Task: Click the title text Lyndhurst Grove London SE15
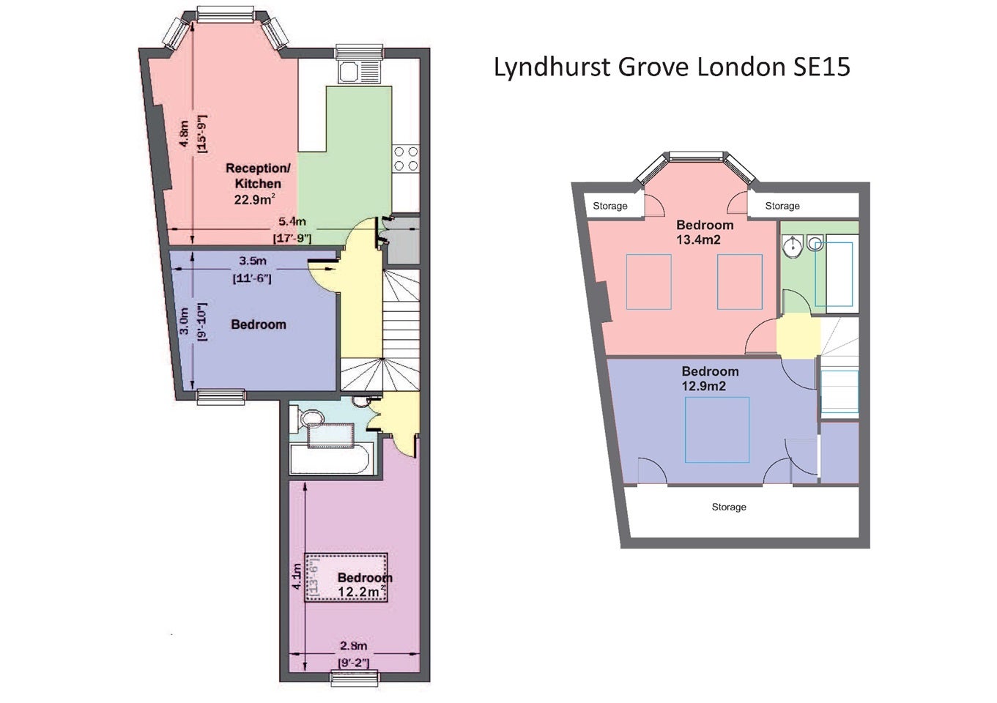pos(672,67)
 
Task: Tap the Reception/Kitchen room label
pos(258,176)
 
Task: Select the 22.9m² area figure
pos(254,199)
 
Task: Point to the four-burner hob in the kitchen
pos(406,159)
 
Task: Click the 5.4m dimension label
pos(292,221)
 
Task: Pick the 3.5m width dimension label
pos(253,261)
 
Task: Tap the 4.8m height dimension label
pos(183,133)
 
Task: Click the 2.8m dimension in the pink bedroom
pos(354,645)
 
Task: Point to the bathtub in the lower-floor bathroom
pos(329,458)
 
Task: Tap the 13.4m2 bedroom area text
pos(698,239)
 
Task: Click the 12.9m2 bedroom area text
pos(704,386)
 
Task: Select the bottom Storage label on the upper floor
pos(729,507)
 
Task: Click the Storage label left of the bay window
pos(609,206)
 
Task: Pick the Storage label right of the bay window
pos(782,206)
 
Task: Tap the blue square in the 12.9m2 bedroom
pos(717,430)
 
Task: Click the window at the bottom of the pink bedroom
pos(355,679)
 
